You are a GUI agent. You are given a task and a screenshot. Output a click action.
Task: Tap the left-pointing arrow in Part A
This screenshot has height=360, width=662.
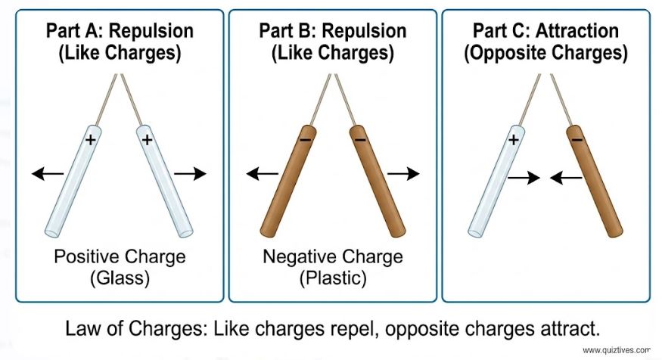click(x=48, y=175)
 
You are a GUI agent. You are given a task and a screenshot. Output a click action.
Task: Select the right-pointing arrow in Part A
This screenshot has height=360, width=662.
click(x=189, y=174)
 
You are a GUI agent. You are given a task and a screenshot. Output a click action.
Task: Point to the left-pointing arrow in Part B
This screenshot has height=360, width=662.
click(x=263, y=175)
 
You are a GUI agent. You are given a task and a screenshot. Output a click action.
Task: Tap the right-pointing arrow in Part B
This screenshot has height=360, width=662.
click(x=403, y=174)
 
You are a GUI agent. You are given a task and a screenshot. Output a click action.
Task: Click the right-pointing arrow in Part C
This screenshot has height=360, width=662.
click(x=524, y=178)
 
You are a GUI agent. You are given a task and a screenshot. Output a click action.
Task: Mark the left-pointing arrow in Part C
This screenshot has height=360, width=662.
click(x=565, y=178)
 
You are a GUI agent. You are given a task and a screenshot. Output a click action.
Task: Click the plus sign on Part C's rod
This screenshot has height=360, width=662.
click(x=514, y=139)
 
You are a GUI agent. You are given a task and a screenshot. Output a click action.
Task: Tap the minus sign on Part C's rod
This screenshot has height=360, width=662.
click(x=577, y=140)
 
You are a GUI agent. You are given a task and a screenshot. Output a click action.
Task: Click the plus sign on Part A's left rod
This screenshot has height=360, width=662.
click(x=90, y=139)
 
